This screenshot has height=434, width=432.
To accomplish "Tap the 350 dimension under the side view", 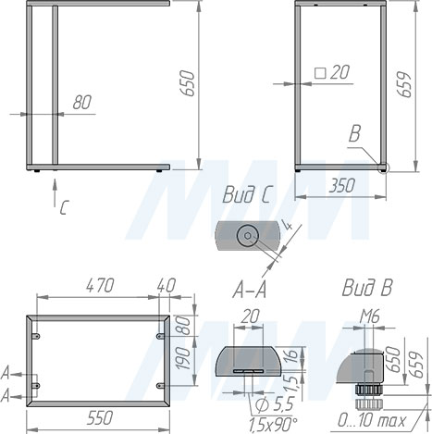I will [x=341, y=186].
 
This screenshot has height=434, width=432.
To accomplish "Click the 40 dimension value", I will [x=167, y=286].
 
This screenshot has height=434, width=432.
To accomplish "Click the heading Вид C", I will [x=248, y=195].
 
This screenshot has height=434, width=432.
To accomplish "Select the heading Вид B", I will [x=367, y=287].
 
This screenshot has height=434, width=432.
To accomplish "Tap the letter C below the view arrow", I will [x=63, y=207].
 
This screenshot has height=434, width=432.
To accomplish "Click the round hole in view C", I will [x=247, y=236].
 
